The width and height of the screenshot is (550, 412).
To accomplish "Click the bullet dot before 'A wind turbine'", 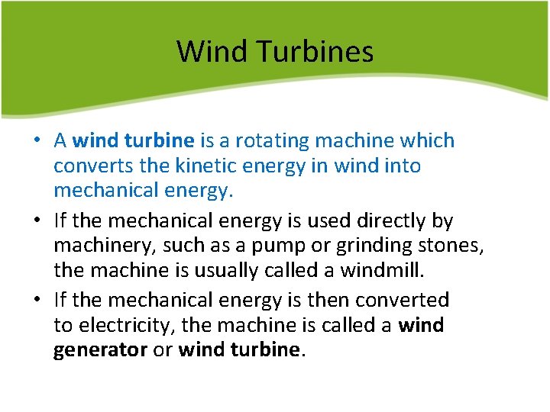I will pyautogui.click(x=37, y=142).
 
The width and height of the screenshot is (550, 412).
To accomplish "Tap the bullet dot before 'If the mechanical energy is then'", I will pyautogui.click(x=37, y=301).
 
